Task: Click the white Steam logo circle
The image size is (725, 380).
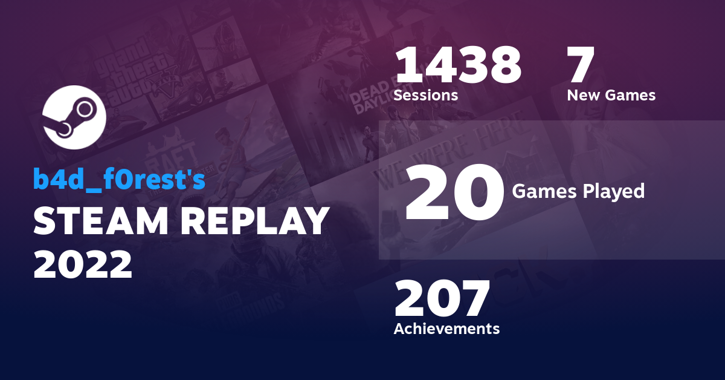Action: click(74, 117)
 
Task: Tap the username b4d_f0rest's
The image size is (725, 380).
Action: click(119, 180)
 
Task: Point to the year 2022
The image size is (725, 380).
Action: click(82, 264)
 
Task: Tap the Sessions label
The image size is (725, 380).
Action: click(425, 95)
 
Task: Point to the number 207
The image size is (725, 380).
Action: click(442, 299)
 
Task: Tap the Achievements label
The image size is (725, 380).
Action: click(446, 329)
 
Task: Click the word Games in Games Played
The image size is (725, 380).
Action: click(541, 191)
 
